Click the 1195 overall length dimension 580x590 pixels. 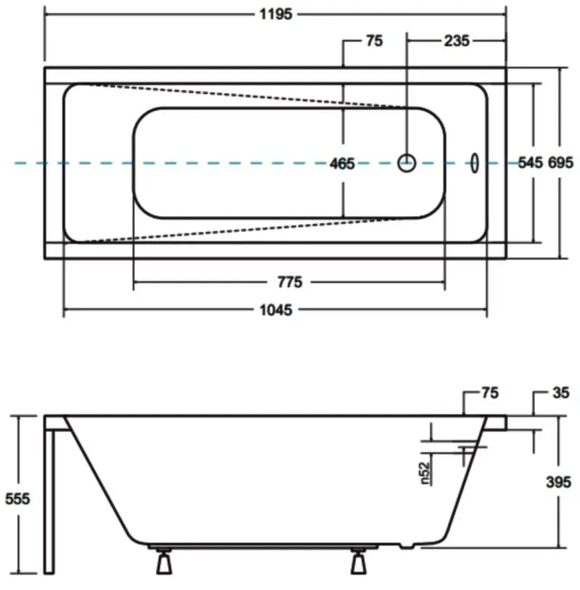coord(276,14)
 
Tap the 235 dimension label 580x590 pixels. coord(457,41)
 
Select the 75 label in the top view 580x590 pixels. coord(375,41)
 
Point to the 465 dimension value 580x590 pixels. coord(342,164)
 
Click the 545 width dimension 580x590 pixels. coord(530,162)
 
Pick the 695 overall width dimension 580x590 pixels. coord(561,162)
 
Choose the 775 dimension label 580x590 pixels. coord(290,282)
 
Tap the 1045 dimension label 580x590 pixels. coord(276,310)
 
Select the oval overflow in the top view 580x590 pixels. coord(475,163)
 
